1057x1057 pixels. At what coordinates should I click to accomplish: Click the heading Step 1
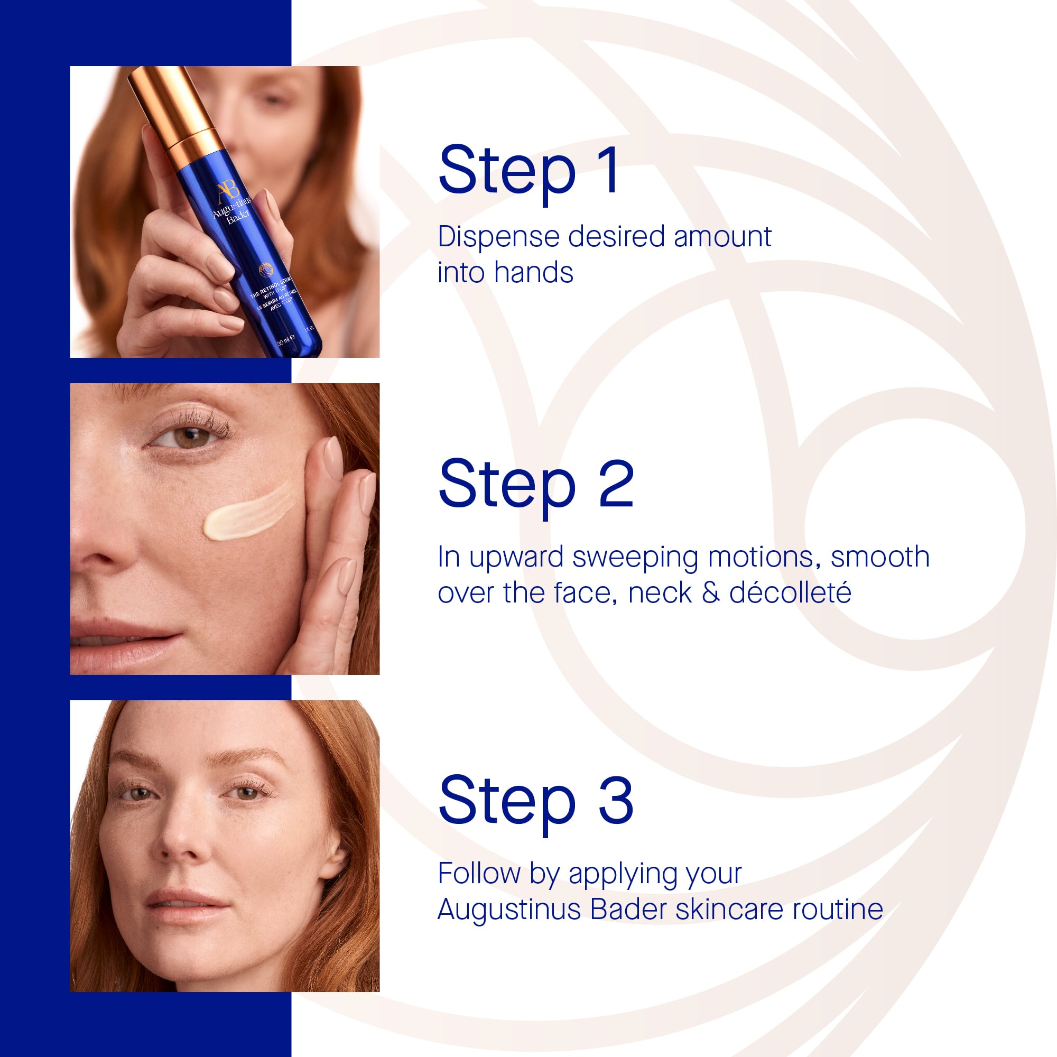click(x=530, y=171)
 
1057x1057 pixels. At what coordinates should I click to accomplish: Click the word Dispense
click(x=498, y=238)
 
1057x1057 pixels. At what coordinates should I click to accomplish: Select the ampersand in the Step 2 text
click(x=710, y=593)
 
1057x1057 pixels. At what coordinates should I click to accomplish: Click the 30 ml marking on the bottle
click(x=285, y=340)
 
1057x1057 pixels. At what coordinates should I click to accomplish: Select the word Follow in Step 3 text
click(x=479, y=874)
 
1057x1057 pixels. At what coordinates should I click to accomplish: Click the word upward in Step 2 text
click(x=516, y=558)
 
